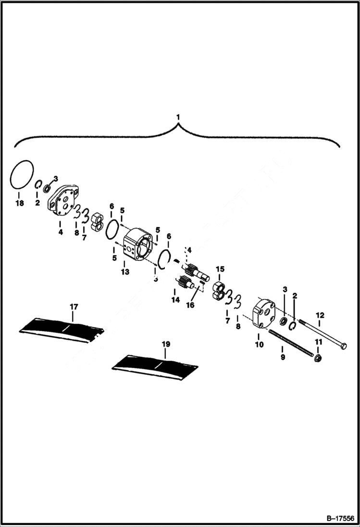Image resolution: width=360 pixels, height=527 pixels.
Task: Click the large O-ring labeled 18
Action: pos(22,173)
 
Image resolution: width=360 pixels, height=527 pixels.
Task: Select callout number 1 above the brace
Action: pos(178,117)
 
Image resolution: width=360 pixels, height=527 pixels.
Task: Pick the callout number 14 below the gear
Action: pos(175,299)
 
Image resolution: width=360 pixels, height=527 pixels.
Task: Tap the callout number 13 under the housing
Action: pos(125,271)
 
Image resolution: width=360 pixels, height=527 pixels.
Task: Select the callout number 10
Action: pos(259,344)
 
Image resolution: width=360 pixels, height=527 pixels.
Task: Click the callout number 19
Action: pos(165,344)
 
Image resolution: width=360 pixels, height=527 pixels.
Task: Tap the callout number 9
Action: pos(283,357)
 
